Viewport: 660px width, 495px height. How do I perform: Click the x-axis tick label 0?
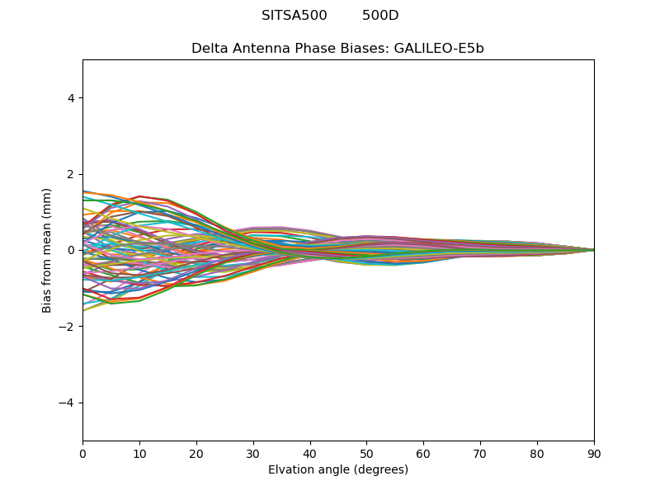click(x=82, y=453)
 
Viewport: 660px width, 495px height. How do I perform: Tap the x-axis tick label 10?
click(x=139, y=453)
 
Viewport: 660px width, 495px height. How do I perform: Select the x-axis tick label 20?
click(x=196, y=453)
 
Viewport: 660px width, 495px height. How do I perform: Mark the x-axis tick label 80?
click(x=537, y=453)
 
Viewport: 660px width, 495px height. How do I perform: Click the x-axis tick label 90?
click(x=594, y=453)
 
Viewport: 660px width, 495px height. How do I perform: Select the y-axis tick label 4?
click(x=72, y=98)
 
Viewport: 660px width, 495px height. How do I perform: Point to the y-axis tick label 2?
click(x=72, y=174)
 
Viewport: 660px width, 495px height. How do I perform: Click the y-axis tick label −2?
click(x=68, y=327)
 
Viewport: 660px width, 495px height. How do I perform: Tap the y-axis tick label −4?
click(x=68, y=403)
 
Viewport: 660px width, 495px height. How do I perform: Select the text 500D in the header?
click(x=380, y=16)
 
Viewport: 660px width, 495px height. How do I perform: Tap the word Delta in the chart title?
click(x=209, y=49)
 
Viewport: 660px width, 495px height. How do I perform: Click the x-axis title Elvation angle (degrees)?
click(x=338, y=469)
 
